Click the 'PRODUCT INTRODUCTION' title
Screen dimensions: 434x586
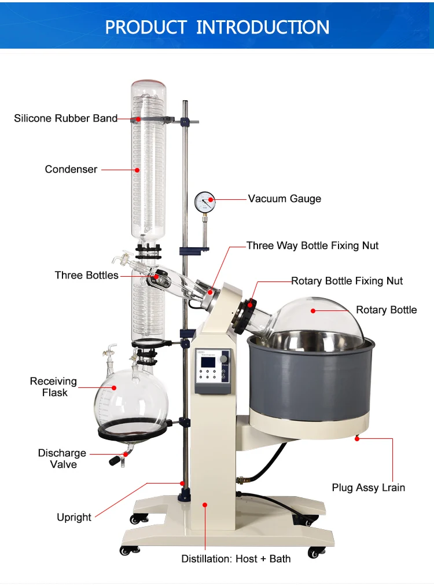coord(217,27)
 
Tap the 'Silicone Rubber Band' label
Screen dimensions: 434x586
coord(66,118)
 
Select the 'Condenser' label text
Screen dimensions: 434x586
coord(71,169)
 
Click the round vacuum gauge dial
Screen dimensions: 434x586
coord(205,202)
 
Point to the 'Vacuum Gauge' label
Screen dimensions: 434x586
coord(285,199)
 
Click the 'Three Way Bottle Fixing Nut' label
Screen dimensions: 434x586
coord(312,246)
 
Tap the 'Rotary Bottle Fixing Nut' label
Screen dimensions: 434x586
coord(347,281)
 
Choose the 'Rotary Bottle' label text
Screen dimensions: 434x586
coord(386,310)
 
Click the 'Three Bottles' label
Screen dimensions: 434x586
coord(87,275)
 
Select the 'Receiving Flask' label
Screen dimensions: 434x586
coord(54,387)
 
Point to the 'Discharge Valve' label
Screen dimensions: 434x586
coord(62,459)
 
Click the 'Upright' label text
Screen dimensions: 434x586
coord(74,517)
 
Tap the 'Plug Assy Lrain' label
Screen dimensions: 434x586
coord(369,488)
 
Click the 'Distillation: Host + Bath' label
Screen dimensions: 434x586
coord(236,559)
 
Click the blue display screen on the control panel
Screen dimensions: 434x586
coord(208,362)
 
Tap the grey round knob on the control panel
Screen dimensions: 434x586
coord(224,359)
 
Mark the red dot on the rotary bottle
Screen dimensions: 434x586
coord(313,311)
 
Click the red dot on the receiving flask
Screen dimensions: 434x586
coord(114,388)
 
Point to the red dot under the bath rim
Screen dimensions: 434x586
coord(357,439)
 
